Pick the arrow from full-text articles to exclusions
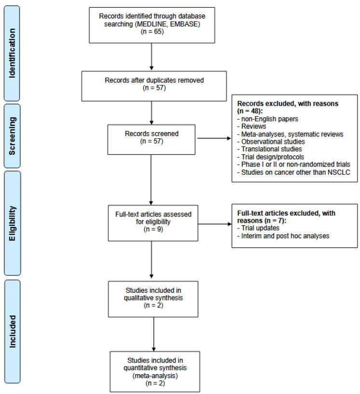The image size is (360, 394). tap(212, 223)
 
